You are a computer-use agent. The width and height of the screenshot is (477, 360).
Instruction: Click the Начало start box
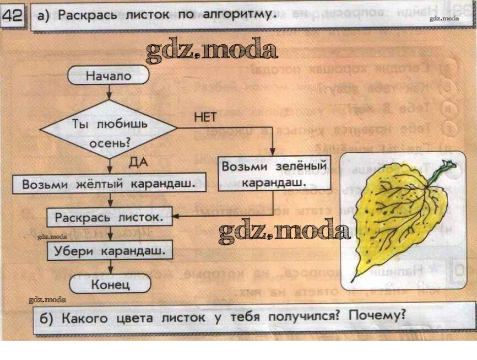(109, 76)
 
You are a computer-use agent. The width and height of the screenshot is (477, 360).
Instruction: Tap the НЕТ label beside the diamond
(205, 117)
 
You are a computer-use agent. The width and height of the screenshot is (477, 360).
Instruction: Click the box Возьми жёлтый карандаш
(109, 184)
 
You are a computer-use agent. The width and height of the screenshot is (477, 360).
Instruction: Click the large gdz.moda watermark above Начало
(212, 51)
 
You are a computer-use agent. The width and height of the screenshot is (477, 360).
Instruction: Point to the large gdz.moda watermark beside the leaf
(284, 232)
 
